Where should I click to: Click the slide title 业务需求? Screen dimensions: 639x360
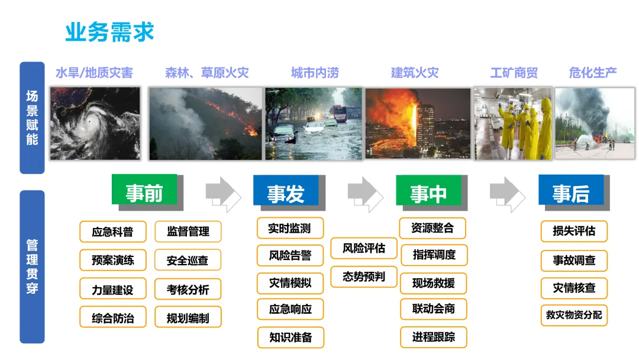109,32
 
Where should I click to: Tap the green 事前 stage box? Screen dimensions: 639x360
144,191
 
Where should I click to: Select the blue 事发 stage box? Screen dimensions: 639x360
286,192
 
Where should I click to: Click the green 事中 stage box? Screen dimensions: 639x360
428,192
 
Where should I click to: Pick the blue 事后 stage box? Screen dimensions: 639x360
571,191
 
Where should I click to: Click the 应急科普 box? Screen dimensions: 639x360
112,232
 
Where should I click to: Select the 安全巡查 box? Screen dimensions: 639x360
188,260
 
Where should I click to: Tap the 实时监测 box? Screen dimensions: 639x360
289,228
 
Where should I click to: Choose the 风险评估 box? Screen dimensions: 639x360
363,248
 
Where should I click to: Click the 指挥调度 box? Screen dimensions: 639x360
434,255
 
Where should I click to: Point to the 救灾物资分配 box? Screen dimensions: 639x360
574,315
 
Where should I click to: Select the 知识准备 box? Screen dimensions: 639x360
290,337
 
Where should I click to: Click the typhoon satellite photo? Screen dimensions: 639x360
95,123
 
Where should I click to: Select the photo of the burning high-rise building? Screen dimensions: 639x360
418,123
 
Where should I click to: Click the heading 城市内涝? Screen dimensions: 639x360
315,73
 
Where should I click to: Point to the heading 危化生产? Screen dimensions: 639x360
593,73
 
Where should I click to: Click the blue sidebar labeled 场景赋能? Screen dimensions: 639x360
32,117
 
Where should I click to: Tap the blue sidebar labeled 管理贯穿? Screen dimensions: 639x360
32,266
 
